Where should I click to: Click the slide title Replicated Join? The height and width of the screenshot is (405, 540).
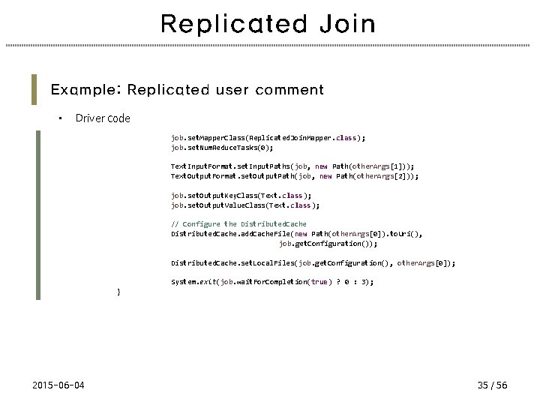(268, 24)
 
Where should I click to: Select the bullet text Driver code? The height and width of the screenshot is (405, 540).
(103, 118)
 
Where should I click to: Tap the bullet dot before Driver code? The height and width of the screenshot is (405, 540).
(60, 118)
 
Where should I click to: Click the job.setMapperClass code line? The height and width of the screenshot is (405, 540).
(268, 138)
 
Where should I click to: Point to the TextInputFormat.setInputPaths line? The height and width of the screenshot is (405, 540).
(292, 166)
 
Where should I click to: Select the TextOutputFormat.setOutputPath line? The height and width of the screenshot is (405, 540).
(295, 176)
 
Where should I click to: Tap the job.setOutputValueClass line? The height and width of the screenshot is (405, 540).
(245, 205)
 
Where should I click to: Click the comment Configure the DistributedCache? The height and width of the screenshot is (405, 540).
(238, 224)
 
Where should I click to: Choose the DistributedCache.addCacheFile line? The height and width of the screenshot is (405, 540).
(296, 234)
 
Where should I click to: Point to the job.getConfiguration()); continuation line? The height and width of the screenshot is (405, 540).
(328, 244)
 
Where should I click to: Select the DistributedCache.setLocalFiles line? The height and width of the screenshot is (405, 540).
(313, 263)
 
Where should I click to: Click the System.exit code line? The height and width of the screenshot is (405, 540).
(271, 282)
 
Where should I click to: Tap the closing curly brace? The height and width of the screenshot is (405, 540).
(118, 291)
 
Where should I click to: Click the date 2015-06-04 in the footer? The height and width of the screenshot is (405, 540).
(58, 385)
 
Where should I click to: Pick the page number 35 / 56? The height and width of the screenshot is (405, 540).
(492, 385)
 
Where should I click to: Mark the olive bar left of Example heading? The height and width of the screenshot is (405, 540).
(34, 89)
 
